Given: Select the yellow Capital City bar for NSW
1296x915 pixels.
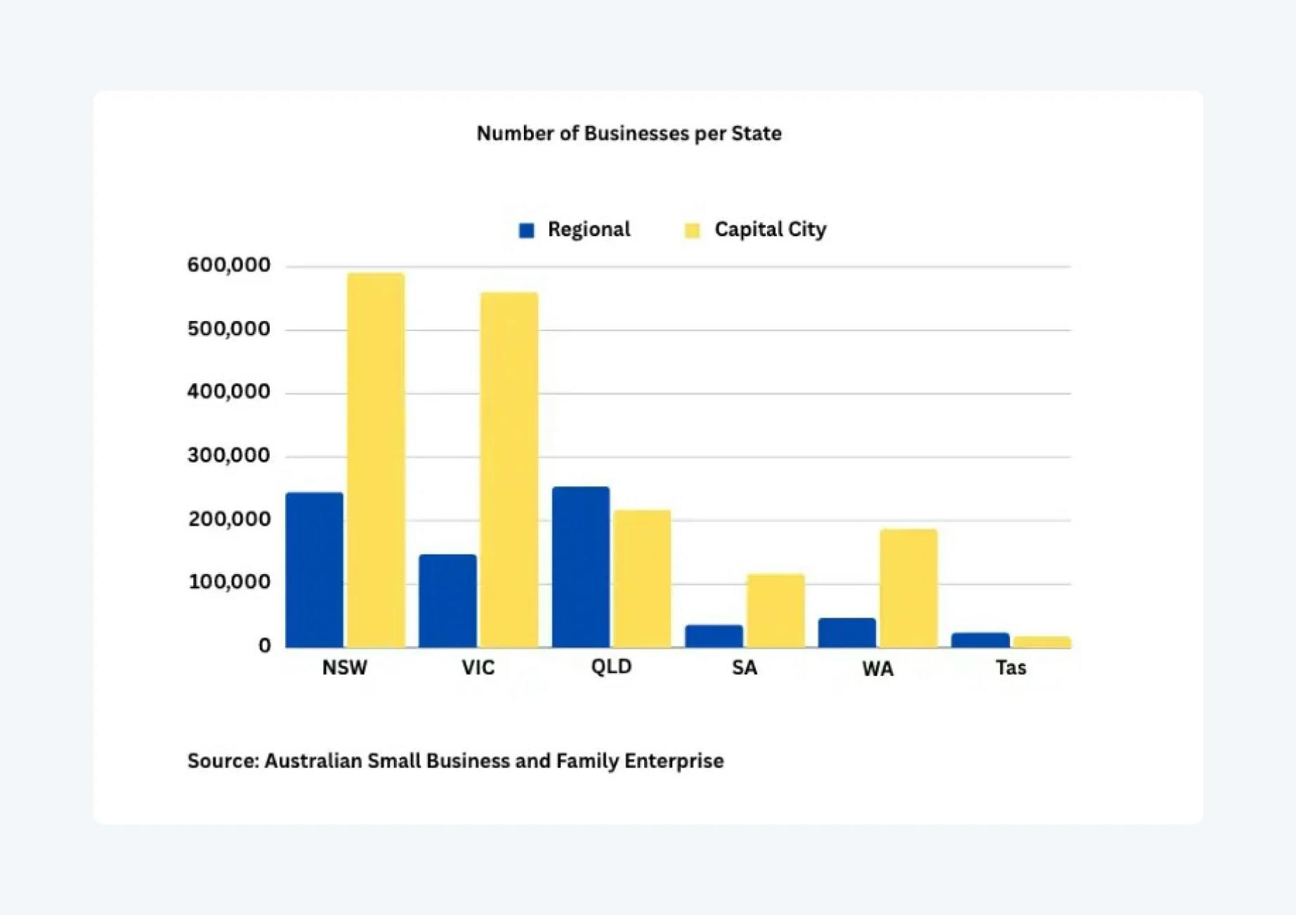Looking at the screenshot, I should (376, 460).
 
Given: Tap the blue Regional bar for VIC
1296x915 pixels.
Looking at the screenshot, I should (447, 601).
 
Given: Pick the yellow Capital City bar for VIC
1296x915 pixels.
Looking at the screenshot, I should (509, 469).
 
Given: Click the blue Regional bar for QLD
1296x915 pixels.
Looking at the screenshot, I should (580, 566).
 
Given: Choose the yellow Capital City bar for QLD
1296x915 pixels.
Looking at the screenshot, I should (642, 578).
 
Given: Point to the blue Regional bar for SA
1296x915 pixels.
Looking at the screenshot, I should (714, 636).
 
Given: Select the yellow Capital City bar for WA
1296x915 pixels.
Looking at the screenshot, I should (908, 588).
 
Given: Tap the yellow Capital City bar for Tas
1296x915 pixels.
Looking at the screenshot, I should (1042, 642).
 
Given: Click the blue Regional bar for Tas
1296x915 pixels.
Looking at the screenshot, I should (980, 640).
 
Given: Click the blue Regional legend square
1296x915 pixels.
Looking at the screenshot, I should (526, 231).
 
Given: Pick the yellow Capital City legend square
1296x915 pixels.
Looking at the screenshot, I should (692, 231).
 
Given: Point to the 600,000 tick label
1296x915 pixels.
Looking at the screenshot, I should (229, 265).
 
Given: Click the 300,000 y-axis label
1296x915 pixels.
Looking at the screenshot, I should (229, 455).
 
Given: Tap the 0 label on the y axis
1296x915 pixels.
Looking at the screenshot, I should (264, 645).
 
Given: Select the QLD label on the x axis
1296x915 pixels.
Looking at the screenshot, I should (611, 666).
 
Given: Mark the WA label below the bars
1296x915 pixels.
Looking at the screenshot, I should (878, 668).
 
